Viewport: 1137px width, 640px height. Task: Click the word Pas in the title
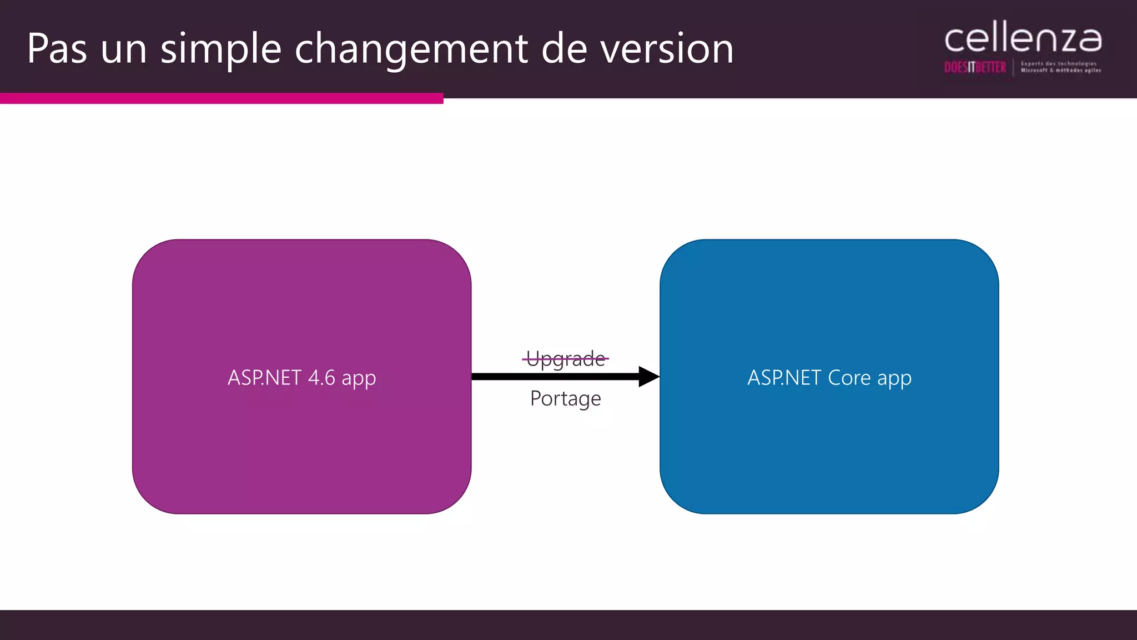[x=57, y=49]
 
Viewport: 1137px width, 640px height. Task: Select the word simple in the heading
[x=221, y=49]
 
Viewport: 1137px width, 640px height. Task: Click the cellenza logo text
[x=1023, y=39]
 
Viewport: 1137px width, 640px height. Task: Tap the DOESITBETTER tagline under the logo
[x=975, y=68]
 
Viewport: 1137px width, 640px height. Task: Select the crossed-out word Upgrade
[x=565, y=359]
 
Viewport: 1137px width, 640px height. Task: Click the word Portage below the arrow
[x=565, y=398]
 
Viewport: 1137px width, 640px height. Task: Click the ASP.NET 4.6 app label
[x=301, y=378]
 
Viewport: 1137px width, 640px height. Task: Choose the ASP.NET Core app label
[x=829, y=378]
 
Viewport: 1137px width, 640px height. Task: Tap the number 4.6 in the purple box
[x=321, y=378]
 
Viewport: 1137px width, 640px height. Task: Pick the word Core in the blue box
[x=849, y=378]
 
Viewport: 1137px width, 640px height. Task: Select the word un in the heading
[x=123, y=49]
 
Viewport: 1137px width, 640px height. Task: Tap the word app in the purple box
[x=359, y=379]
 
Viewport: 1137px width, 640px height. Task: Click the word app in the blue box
[x=894, y=379]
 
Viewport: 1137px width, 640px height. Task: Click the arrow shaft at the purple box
[x=483, y=377]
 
